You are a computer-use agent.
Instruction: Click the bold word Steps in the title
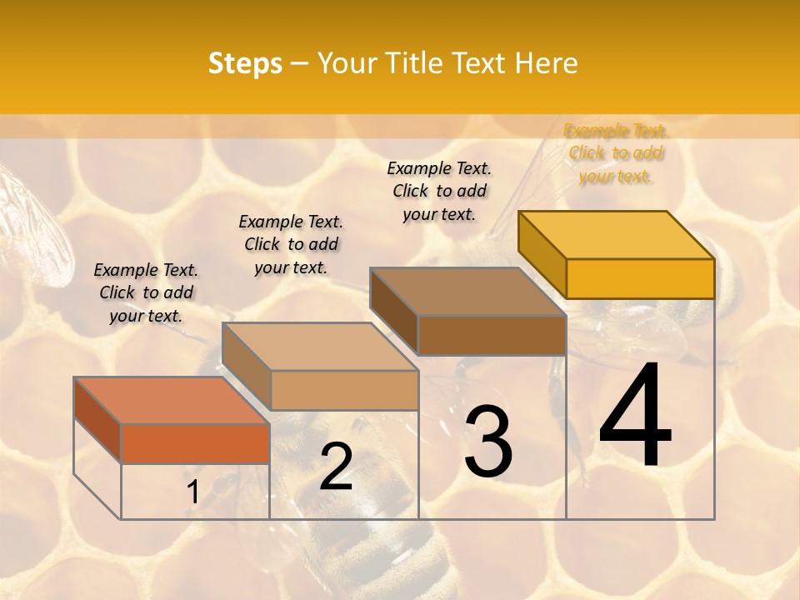[x=244, y=63]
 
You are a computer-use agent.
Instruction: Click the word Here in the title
[x=546, y=63]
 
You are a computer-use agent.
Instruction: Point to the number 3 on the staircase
[x=488, y=442]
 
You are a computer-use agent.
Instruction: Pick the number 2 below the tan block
[x=336, y=467]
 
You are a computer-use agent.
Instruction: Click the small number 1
[x=192, y=492]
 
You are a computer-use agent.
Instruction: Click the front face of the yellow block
[x=640, y=278]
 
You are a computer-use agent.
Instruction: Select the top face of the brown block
[x=467, y=292]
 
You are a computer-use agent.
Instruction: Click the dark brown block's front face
[x=492, y=336]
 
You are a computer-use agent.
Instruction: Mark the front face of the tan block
[x=344, y=390]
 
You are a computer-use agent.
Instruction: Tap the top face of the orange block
[x=171, y=400]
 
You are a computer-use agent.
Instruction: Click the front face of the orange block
[x=195, y=443]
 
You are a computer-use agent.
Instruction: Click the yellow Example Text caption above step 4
[x=616, y=153]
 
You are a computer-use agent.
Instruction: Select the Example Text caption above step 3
[x=439, y=191]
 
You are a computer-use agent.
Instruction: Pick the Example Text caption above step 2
[x=291, y=244]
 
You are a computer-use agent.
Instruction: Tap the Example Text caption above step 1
[x=146, y=292]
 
